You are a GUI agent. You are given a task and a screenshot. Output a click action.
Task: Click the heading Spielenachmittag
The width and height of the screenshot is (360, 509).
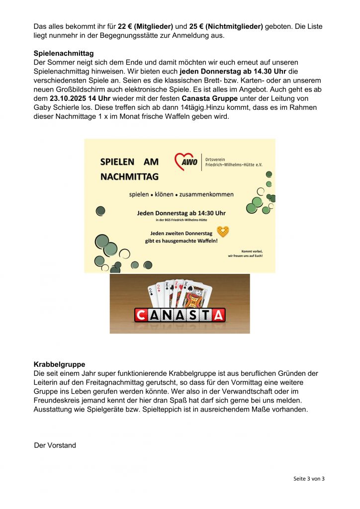click(64, 53)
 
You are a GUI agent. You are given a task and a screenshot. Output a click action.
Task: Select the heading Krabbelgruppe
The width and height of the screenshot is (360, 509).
click(59, 364)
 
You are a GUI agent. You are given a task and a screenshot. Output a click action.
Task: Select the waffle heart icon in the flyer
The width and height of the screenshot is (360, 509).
click(223, 232)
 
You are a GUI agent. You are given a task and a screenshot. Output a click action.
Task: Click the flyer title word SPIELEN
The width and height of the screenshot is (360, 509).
click(117, 162)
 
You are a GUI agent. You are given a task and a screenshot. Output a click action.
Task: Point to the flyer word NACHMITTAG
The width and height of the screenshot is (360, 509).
click(129, 176)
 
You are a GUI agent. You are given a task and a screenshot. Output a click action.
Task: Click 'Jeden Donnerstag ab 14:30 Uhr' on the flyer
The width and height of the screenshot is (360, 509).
click(181, 213)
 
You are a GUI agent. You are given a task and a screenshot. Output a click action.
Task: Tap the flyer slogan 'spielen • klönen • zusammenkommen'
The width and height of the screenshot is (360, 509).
click(181, 194)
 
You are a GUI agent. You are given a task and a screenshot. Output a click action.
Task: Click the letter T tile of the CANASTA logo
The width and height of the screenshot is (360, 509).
click(205, 315)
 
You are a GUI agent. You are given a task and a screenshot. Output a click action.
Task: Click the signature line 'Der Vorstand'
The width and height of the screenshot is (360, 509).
click(55, 445)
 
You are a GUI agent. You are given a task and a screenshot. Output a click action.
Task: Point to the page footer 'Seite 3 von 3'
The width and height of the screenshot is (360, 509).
click(309, 479)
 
